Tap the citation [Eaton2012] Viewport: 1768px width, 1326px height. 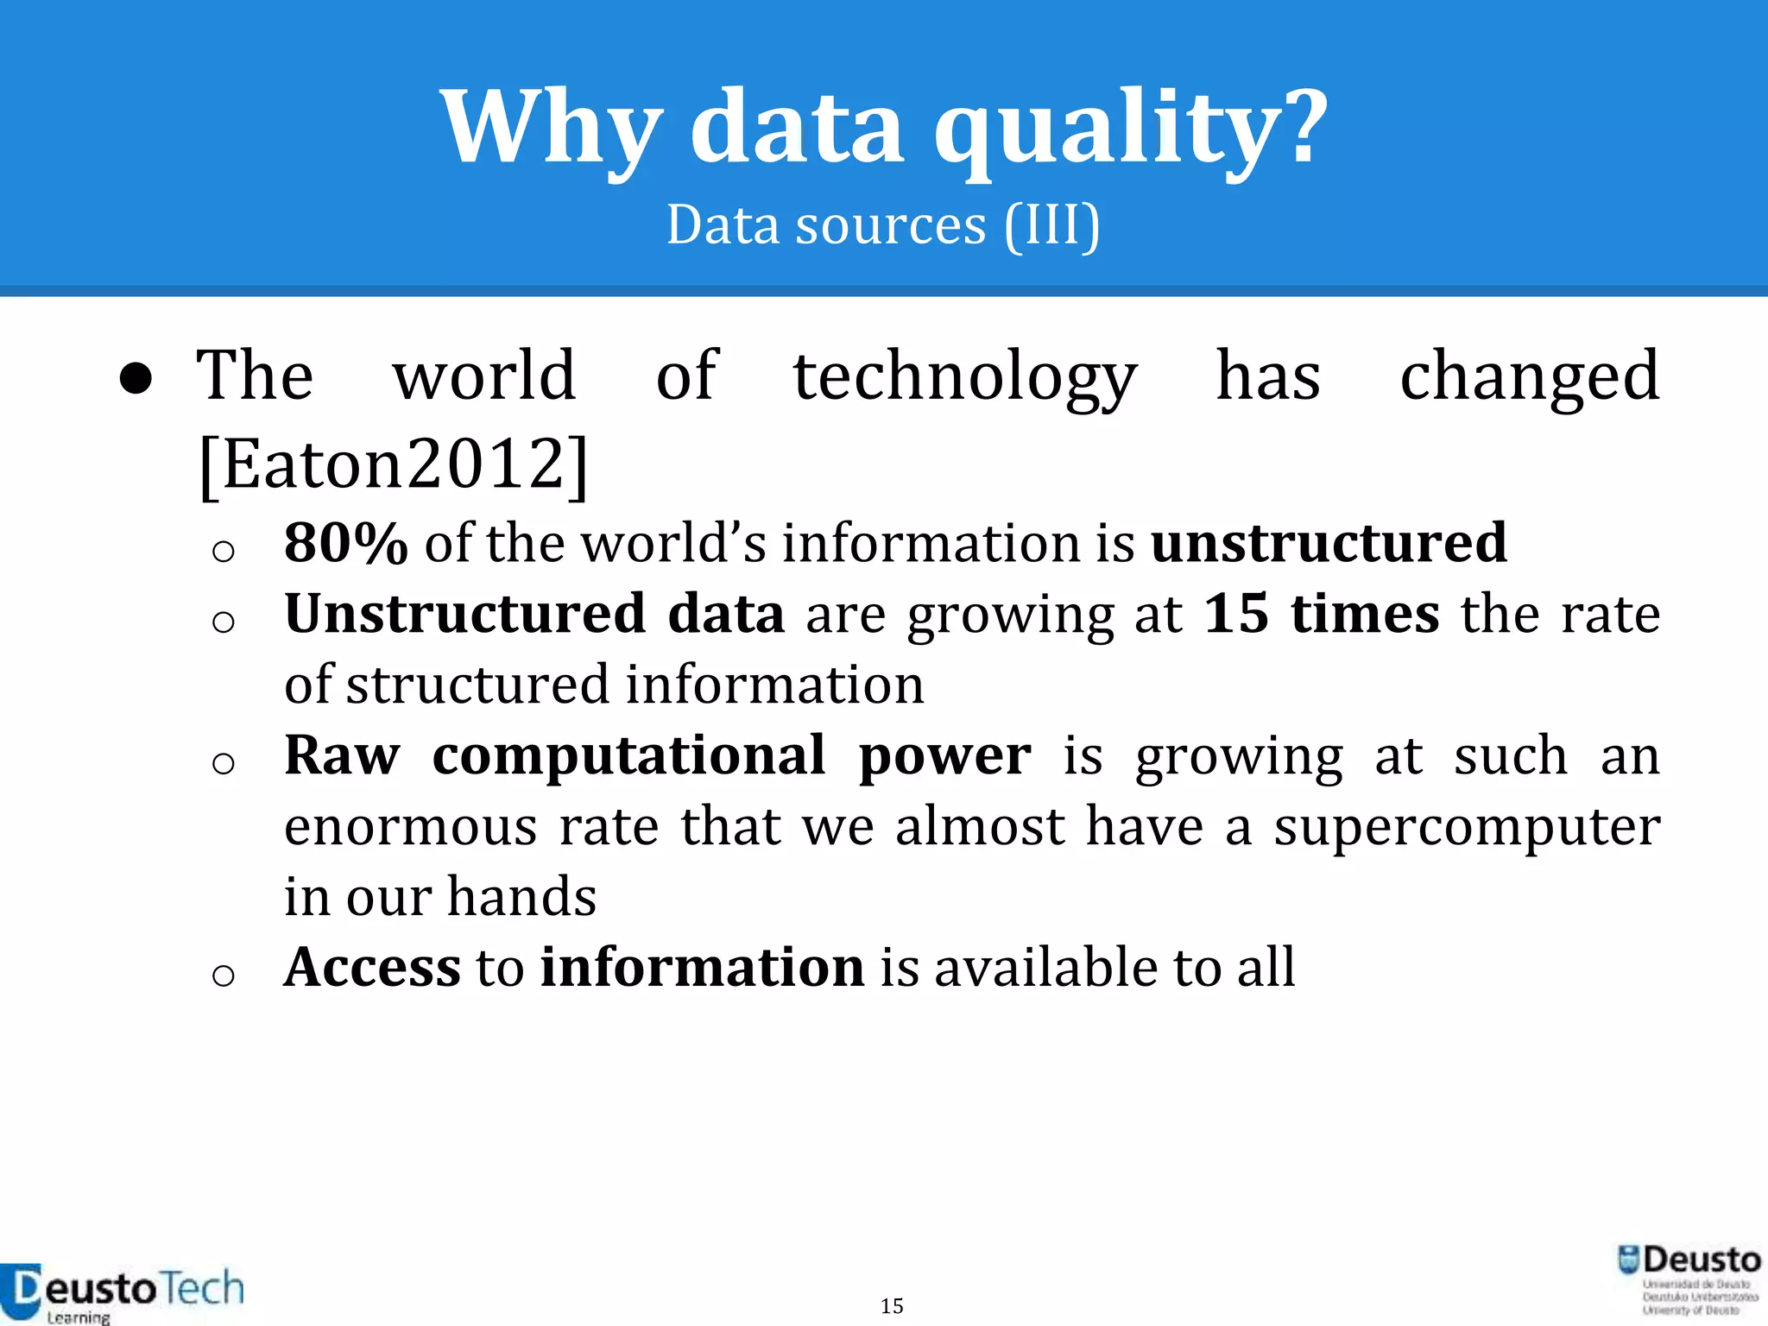coord(394,464)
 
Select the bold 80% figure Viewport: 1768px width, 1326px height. coord(345,543)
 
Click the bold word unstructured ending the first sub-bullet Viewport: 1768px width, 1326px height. coord(1329,543)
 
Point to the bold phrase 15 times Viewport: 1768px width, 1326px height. coord(1321,614)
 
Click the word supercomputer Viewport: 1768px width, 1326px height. coord(1467,827)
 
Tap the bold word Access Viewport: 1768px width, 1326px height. coord(372,967)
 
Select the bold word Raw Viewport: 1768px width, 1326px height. coord(342,755)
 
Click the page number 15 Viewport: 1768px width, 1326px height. coord(892,1305)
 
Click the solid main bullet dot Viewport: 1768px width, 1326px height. coord(136,378)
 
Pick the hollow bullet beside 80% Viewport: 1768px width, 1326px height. coord(223,551)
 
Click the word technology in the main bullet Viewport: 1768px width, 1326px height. coord(964,376)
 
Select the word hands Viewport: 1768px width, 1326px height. coord(521,896)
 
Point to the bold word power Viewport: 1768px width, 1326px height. coord(944,755)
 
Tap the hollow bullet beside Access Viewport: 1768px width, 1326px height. coord(223,975)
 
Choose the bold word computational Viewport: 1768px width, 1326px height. coord(628,755)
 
